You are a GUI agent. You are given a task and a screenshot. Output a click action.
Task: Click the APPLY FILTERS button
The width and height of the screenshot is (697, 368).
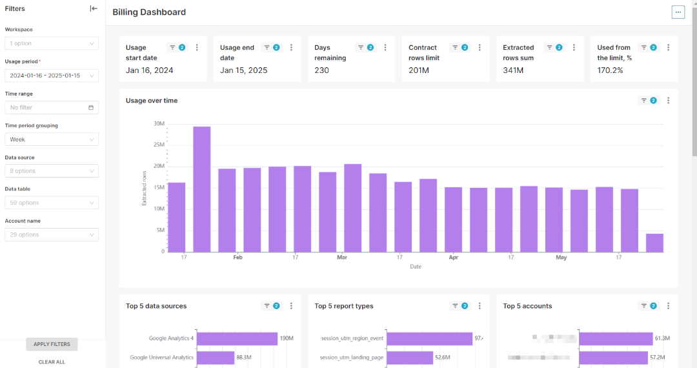click(52, 344)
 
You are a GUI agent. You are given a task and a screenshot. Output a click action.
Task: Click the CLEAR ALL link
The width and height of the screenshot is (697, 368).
click(52, 362)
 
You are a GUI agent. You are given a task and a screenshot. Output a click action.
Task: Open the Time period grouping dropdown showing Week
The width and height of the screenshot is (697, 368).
click(52, 139)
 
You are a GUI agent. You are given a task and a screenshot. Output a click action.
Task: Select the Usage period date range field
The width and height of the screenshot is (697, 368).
click(52, 76)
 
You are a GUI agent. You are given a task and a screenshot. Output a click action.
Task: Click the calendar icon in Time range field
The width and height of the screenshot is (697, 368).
click(91, 108)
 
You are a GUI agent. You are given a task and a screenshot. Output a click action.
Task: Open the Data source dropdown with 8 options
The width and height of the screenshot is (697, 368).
click(52, 171)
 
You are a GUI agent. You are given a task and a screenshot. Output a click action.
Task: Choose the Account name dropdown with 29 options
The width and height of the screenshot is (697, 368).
click(52, 235)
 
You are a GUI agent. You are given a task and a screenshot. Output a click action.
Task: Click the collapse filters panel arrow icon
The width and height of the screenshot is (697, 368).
click(94, 8)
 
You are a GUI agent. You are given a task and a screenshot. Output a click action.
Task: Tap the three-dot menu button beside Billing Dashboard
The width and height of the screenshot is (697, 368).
click(678, 12)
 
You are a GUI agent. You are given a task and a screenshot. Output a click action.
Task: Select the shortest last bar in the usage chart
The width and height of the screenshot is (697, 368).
click(654, 243)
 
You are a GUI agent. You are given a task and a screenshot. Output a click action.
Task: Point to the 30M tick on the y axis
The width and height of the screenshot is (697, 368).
click(159, 124)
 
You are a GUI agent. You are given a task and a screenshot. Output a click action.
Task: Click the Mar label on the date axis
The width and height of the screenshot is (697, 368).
click(342, 258)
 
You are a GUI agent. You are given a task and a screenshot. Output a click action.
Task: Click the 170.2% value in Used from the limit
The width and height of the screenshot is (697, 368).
click(610, 70)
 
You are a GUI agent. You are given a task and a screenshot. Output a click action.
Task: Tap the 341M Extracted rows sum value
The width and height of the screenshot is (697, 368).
click(512, 70)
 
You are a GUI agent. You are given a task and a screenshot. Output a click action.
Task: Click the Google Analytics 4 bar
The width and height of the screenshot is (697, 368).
click(237, 338)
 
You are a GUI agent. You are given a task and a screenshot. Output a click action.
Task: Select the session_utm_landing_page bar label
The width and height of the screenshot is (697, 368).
click(352, 357)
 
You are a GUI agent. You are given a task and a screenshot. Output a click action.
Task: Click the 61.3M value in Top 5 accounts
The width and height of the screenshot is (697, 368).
click(662, 338)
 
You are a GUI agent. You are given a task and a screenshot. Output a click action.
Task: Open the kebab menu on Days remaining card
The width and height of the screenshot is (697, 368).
click(385, 48)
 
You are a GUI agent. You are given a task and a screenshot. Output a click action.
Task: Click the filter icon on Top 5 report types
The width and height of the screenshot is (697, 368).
click(455, 306)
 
